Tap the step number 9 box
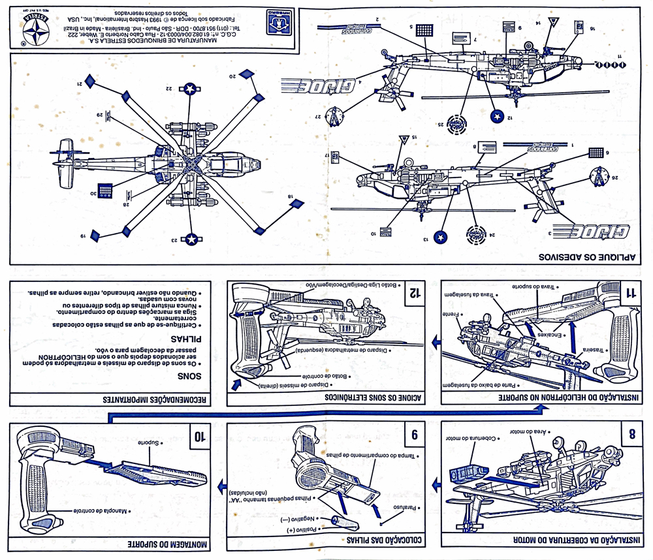pyautogui.click(x=413, y=435)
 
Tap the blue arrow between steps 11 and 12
pyautogui.click(x=432, y=342)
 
